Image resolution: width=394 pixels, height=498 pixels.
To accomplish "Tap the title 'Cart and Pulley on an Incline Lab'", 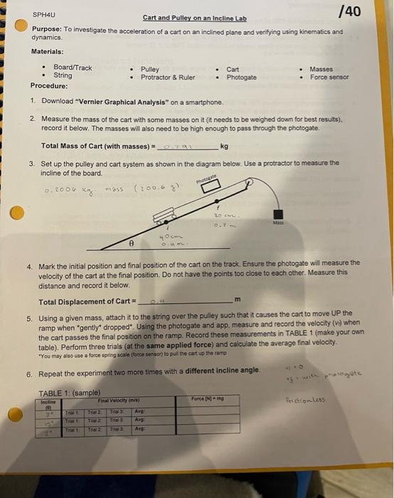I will (x=194, y=17).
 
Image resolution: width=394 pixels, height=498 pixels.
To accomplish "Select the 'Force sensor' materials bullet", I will (x=329, y=76).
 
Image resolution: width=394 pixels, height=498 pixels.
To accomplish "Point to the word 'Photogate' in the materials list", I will (x=242, y=77).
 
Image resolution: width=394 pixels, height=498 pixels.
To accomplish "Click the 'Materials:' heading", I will (x=47, y=51).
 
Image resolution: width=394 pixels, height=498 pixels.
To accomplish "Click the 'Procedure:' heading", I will (x=49, y=85).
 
